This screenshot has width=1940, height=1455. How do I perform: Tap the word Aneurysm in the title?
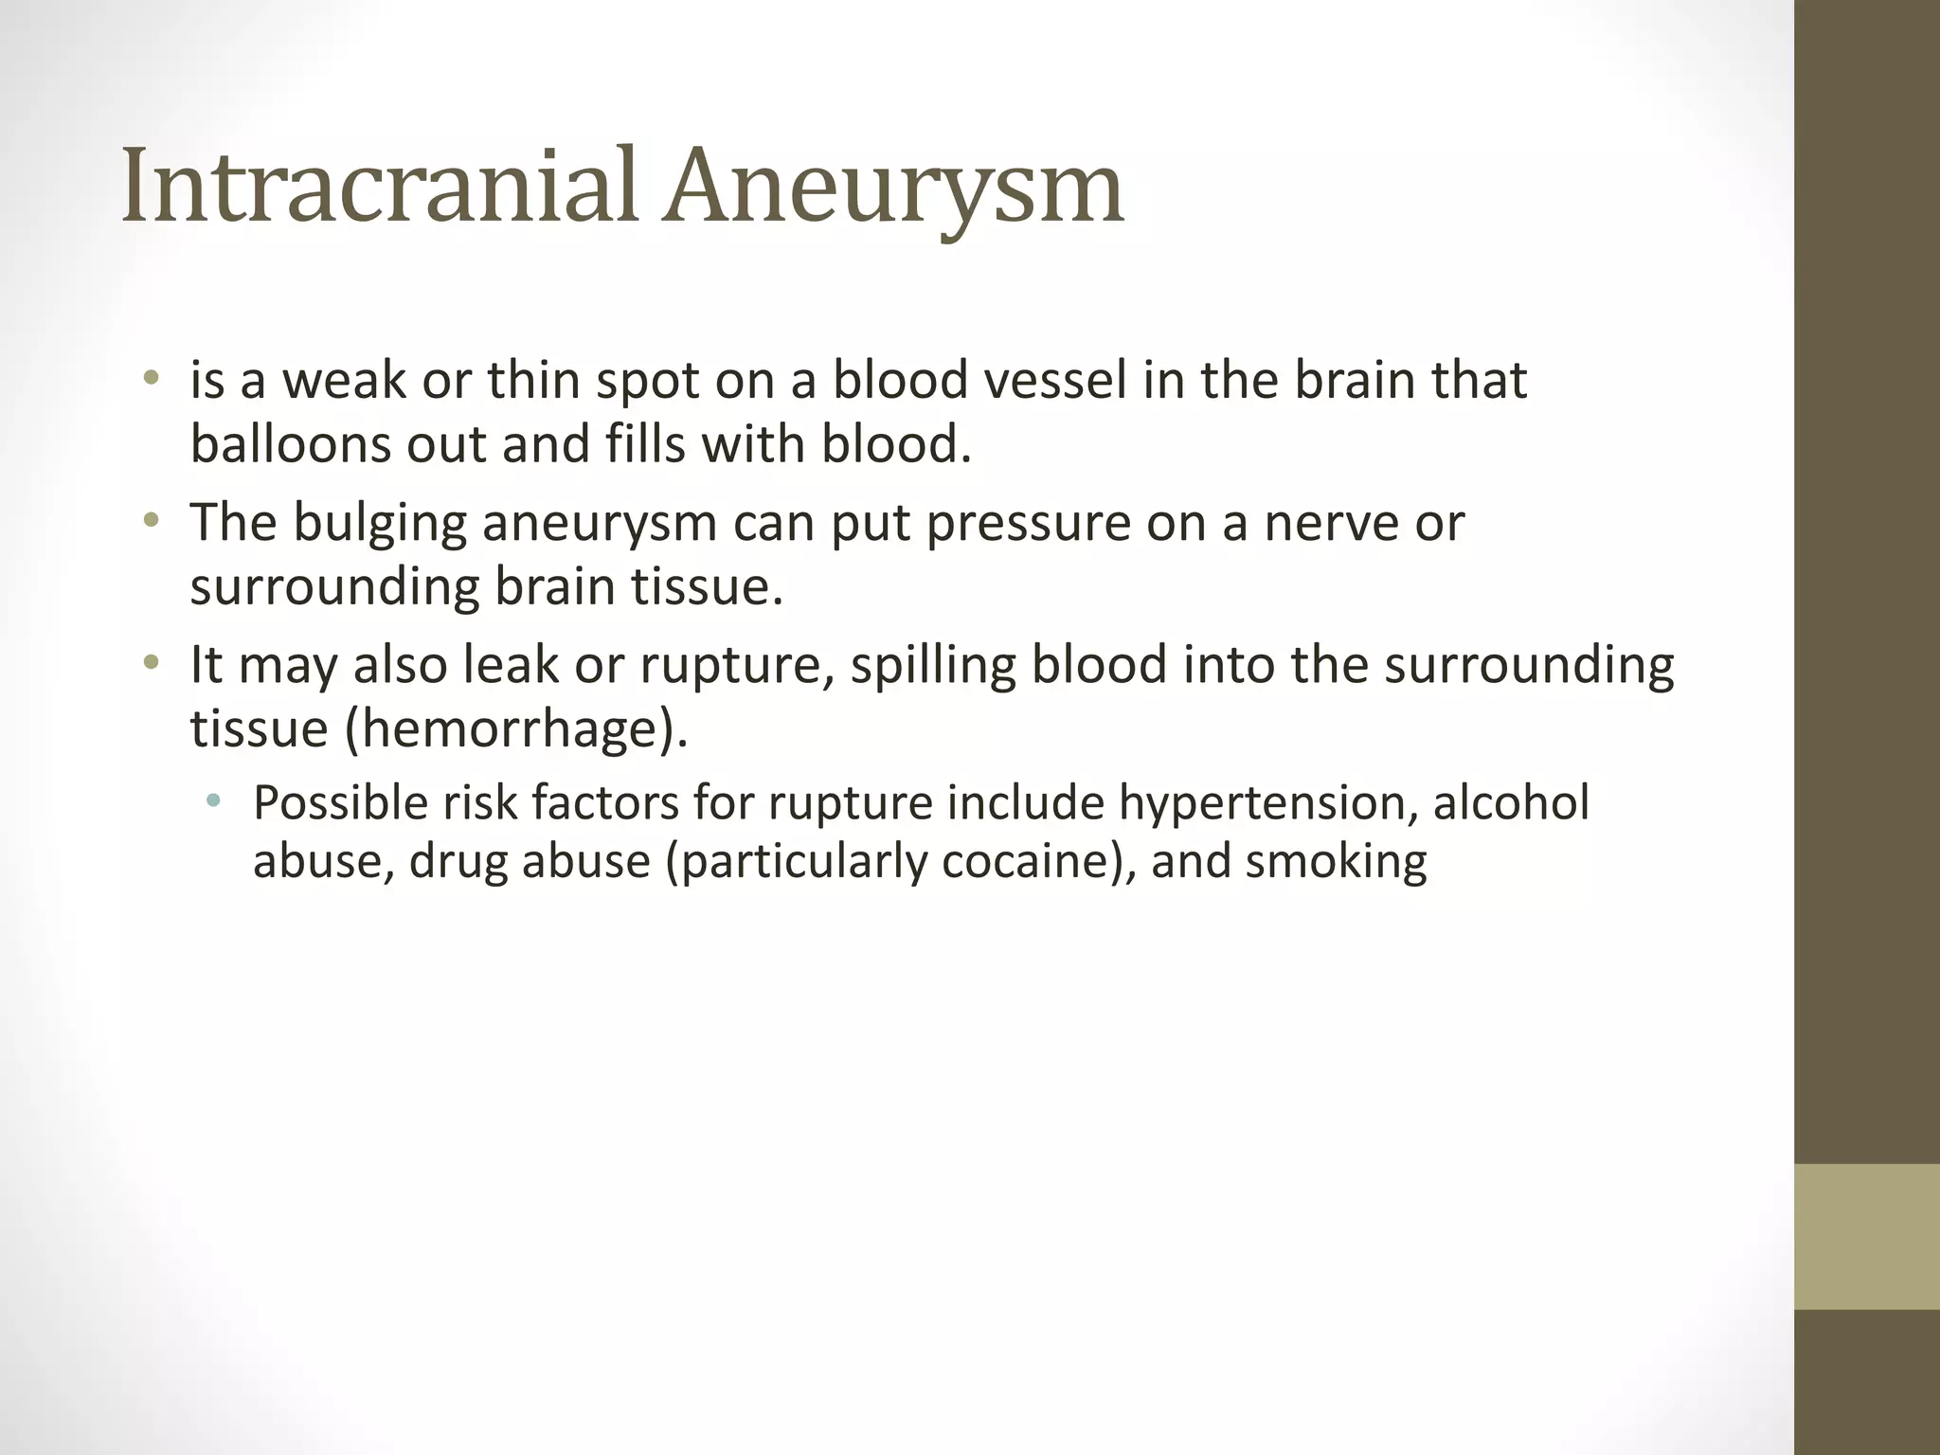(x=893, y=187)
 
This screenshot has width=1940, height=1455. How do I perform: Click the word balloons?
(x=290, y=444)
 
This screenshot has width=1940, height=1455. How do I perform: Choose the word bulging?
(x=380, y=524)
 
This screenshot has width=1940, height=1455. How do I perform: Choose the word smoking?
(x=1336, y=862)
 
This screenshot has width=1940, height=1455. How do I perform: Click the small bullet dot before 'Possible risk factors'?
(x=212, y=802)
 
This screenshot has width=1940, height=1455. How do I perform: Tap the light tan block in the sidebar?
(x=1866, y=1236)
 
